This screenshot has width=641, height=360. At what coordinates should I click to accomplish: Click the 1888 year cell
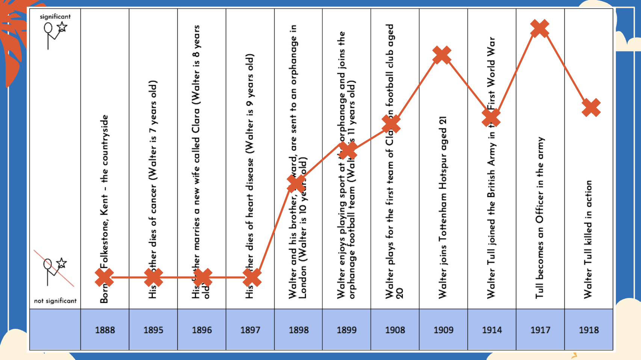click(105, 330)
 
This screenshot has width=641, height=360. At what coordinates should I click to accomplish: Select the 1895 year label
click(153, 330)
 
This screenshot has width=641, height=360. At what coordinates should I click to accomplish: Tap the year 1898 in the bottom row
click(299, 330)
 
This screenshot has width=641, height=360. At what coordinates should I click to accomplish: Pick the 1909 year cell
click(443, 330)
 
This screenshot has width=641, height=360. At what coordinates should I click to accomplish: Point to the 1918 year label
click(589, 330)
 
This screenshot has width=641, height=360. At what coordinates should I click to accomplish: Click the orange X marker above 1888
click(104, 278)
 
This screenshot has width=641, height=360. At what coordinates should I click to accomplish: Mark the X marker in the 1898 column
click(296, 183)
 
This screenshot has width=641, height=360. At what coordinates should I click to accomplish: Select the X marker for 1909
click(442, 55)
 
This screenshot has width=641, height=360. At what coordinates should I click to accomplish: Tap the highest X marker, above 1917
click(540, 28)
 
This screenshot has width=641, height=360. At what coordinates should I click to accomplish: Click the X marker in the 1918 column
click(591, 108)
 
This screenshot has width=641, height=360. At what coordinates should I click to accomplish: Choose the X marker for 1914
click(491, 118)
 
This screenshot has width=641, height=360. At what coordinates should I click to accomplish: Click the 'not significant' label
click(55, 301)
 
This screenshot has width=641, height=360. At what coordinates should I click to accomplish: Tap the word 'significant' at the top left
click(55, 17)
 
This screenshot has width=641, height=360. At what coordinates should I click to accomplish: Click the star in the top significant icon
click(62, 27)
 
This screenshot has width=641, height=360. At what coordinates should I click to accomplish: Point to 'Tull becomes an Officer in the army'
click(540, 218)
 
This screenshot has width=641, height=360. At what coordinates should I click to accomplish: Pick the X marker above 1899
click(348, 151)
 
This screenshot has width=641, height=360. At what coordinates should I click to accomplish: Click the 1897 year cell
click(250, 330)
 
